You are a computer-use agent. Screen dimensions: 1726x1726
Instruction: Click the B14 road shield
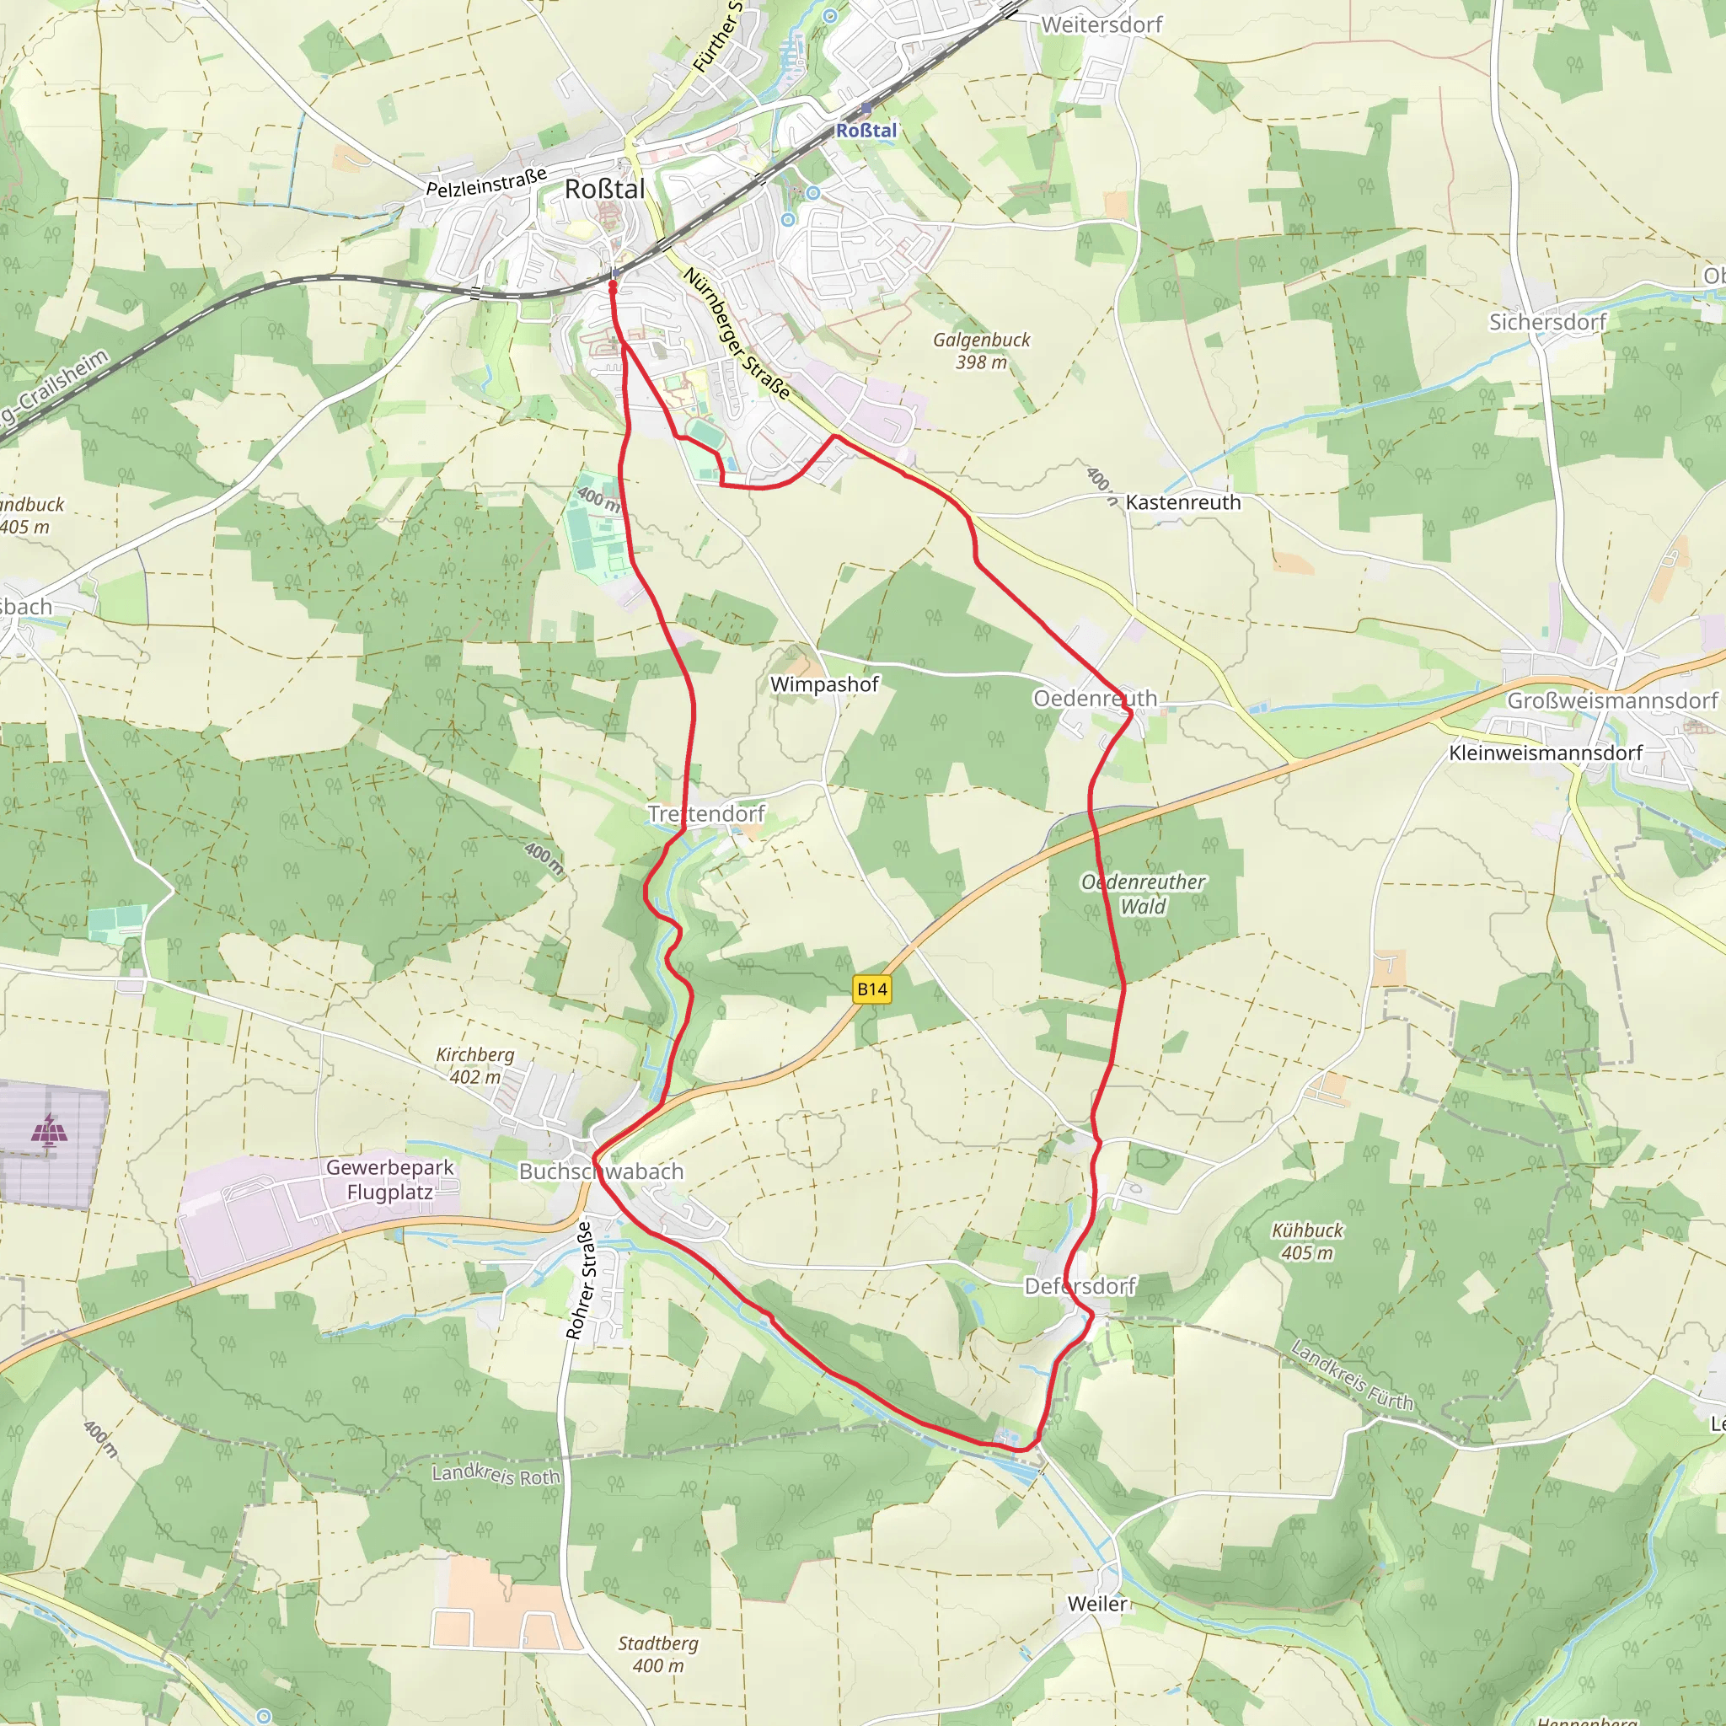[x=872, y=989]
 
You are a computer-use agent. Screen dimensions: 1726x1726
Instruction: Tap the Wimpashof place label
[x=823, y=684]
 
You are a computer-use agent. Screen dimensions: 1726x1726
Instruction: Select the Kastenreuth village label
[x=1182, y=502]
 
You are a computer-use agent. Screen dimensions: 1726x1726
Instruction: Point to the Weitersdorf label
[x=1102, y=25]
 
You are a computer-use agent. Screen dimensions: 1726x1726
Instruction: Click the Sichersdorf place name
[x=1547, y=322]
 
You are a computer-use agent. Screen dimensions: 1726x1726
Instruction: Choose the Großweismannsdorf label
[x=1612, y=700]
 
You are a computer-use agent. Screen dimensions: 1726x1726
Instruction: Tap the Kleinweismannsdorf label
[x=1546, y=753]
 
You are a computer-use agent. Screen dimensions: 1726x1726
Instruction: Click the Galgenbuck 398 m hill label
[x=981, y=351]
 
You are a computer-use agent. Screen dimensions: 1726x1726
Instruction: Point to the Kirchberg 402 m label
[x=474, y=1066]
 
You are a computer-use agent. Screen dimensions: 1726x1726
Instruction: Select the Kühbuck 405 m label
[x=1307, y=1241]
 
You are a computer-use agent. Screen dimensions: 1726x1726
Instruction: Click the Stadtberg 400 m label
[x=658, y=1654]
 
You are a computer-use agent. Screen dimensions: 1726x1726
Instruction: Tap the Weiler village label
[x=1097, y=1604]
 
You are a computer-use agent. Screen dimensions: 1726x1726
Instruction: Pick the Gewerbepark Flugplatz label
[x=389, y=1179]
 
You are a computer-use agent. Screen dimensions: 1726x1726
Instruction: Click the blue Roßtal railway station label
[x=866, y=131]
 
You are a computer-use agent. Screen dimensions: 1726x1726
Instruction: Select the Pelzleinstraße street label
[x=486, y=182]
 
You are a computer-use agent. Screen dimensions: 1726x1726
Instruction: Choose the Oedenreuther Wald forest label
[x=1143, y=893]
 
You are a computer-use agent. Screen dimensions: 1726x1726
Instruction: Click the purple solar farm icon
[x=49, y=1130]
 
